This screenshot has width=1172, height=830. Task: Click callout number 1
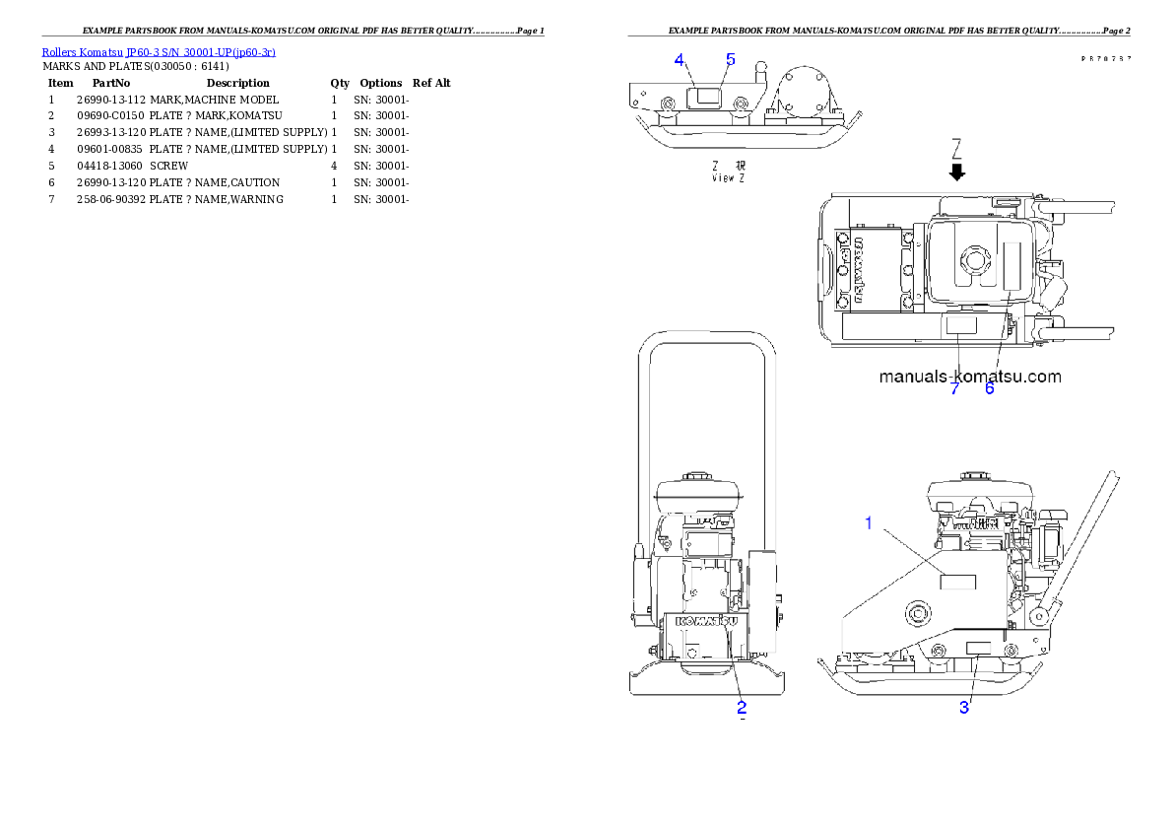[x=868, y=523]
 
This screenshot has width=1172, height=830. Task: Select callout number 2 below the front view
[x=742, y=707]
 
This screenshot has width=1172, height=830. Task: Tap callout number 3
[x=965, y=707]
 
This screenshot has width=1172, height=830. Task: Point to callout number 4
[x=680, y=59]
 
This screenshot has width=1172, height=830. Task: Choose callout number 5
[x=730, y=59]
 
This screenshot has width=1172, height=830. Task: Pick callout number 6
[x=990, y=388]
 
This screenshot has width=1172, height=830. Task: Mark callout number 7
[x=954, y=388]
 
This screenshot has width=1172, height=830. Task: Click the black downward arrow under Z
[x=956, y=173]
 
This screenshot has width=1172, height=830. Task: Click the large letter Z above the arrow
[x=955, y=149]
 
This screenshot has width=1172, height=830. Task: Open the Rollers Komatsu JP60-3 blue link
[x=159, y=51]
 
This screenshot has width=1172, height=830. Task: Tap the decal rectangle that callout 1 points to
[x=957, y=581]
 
